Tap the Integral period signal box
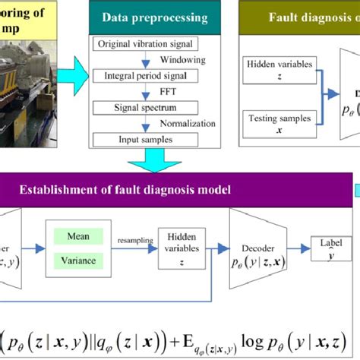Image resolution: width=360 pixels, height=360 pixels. pos(135,76)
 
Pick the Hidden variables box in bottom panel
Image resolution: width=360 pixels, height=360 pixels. pos(182,248)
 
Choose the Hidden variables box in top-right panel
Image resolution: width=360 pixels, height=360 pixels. pos(278,71)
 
